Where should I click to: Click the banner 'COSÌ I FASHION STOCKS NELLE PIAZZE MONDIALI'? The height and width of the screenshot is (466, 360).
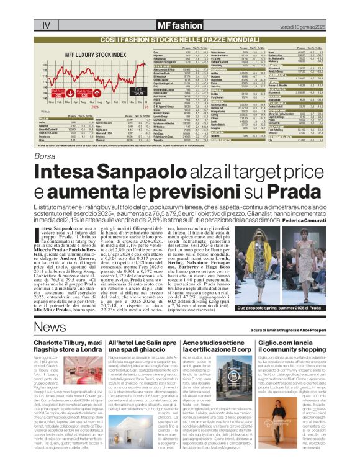coord(180,21)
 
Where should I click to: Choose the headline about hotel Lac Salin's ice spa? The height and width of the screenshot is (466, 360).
coord(140,346)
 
